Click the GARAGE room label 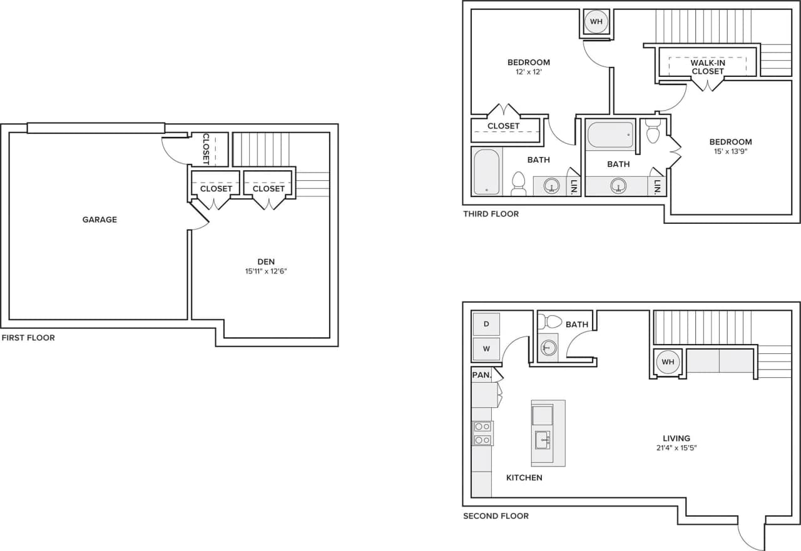pyautogui.click(x=99, y=220)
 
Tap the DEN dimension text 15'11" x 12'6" pyautogui.click(x=266, y=271)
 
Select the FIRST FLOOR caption pyautogui.click(x=28, y=338)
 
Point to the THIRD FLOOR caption pyautogui.click(x=491, y=214)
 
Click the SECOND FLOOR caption pyautogui.click(x=496, y=516)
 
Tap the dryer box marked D pyautogui.click(x=486, y=324)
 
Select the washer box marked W pyautogui.click(x=486, y=348)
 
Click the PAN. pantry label pyautogui.click(x=481, y=375)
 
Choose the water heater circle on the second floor pyautogui.click(x=668, y=362)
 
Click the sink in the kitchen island pyautogui.click(x=543, y=440)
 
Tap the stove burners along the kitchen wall pyautogui.click(x=482, y=433)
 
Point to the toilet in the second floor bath pyautogui.click(x=550, y=322)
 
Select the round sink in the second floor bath pyautogui.click(x=549, y=348)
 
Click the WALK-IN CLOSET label pyautogui.click(x=708, y=67)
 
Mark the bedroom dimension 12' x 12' pyautogui.click(x=529, y=72)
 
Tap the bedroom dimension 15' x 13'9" pyautogui.click(x=730, y=151)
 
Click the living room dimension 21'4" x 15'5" pyautogui.click(x=676, y=448)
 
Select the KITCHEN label pyautogui.click(x=524, y=478)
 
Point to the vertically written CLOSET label pyautogui.click(x=205, y=149)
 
